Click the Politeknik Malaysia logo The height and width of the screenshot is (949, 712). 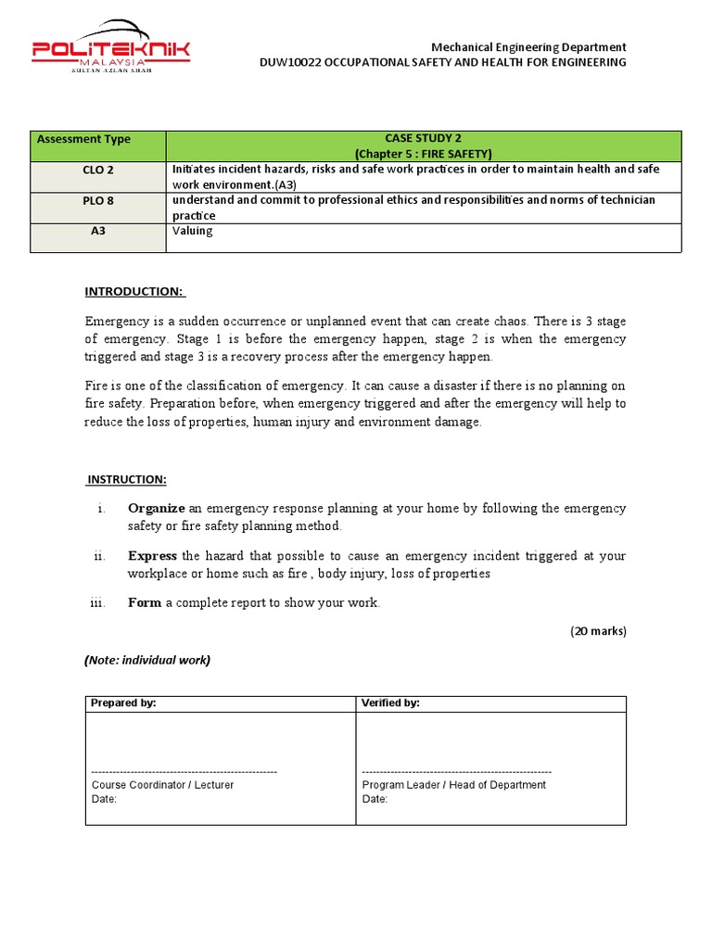(x=111, y=45)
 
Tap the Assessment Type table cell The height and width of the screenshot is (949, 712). (x=83, y=139)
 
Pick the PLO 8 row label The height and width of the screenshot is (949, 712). (x=98, y=200)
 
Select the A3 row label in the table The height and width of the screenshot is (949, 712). (x=98, y=231)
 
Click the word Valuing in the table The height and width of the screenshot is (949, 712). (x=193, y=231)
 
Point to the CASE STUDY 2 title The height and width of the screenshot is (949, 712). (x=423, y=139)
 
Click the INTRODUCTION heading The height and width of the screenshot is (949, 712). (x=135, y=292)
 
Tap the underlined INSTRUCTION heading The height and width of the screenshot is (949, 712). (x=127, y=479)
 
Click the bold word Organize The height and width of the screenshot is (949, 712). (x=157, y=508)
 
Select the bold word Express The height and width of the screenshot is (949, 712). (x=153, y=555)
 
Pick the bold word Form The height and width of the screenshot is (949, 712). (x=145, y=602)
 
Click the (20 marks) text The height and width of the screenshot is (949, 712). (x=598, y=631)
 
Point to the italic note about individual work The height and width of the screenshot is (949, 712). (x=147, y=660)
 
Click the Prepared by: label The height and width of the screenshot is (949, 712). (x=123, y=703)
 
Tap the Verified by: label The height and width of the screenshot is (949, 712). (x=390, y=703)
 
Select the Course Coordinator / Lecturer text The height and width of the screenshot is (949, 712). (x=162, y=785)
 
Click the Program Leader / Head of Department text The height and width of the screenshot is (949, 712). (x=453, y=785)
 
